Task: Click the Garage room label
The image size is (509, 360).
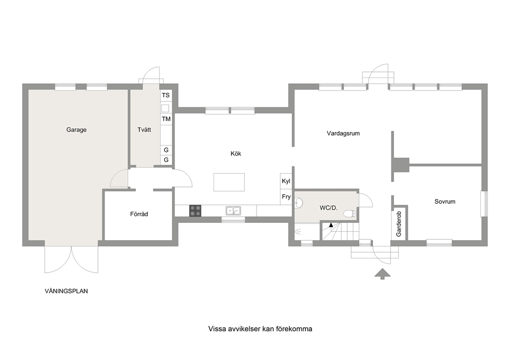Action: coord(76,130)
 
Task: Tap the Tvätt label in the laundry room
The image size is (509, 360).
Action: coord(144,129)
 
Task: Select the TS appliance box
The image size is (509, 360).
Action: coord(166,95)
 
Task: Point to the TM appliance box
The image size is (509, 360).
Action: coord(166,119)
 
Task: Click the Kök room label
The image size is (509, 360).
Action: coord(236,154)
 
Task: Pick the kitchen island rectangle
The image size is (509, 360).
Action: coord(229,182)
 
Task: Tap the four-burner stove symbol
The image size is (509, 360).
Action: coord(195,211)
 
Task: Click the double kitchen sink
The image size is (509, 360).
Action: coord(233,211)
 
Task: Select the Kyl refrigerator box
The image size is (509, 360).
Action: coord(286,181)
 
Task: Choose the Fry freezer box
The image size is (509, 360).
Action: coord(286,197)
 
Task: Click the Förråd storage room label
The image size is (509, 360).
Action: coord(139,214)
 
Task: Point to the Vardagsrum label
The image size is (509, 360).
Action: coord(343,133)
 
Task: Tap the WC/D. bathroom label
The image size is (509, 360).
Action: coord(328,208)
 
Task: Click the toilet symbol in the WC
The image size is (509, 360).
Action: coord(350,214)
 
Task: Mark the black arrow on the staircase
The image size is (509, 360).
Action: coord(331,224)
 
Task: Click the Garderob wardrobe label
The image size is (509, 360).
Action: coord(399,224)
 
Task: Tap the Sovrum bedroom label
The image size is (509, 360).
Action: coord(445,201)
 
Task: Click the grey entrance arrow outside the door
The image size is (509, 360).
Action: coord(382,274)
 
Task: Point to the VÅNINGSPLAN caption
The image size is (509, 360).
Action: coord(66,291)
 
